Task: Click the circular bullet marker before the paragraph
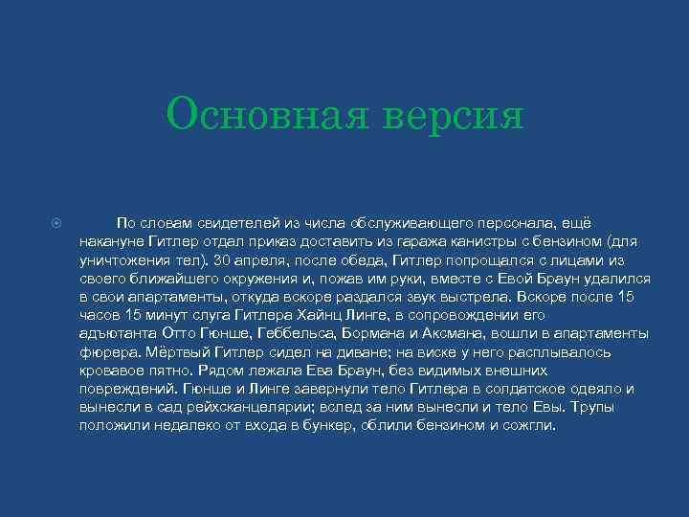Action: coord(56,223)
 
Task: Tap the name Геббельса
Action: coord(286,333)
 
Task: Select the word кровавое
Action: coord(113,370)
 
